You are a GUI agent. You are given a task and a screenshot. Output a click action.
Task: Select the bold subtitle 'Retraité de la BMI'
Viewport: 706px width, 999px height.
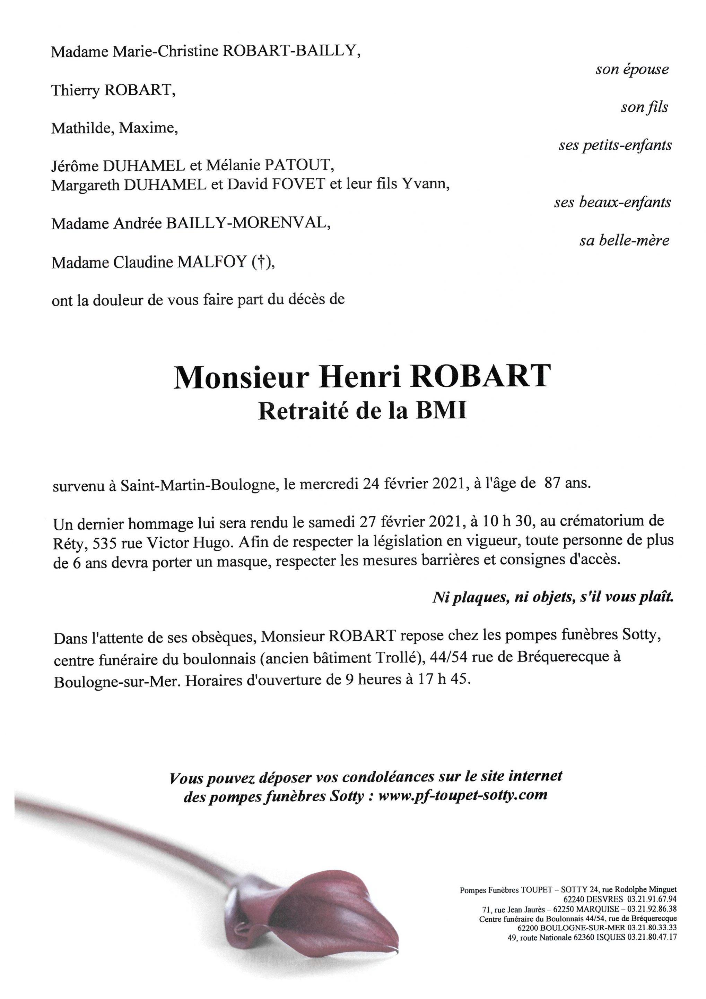tap(362, 411)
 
